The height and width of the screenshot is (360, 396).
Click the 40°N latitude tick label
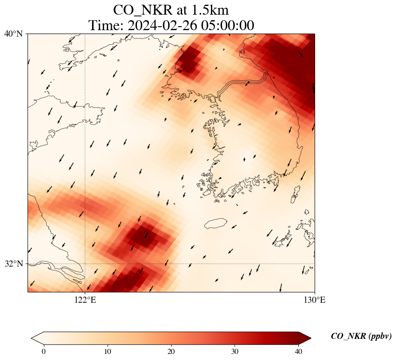[x=13, y=34]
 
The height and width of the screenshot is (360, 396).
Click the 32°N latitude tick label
[x=13, y=264]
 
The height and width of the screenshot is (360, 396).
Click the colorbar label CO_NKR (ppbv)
[x=361, y=336]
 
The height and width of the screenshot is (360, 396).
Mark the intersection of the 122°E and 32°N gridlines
[x=85, y=264]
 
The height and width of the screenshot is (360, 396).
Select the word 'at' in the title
[x=181, y=10]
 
